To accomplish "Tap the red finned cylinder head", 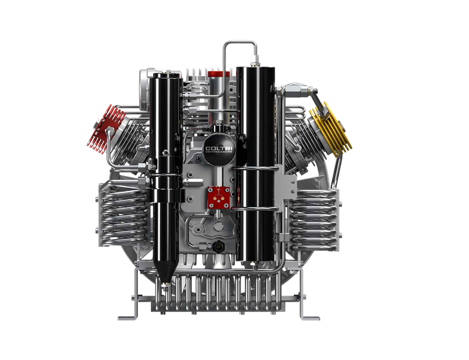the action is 106,128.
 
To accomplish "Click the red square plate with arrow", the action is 219,198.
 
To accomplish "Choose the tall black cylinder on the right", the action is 255,165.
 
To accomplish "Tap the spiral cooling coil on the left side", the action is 123,214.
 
